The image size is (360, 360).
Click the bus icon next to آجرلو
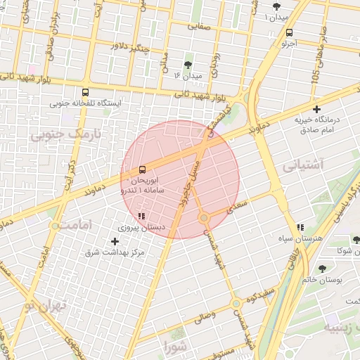coord(290,32)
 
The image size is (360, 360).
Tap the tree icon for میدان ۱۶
coord(188,65)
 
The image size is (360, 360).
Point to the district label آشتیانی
coord(303,166)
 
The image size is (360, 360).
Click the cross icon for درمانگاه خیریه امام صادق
coord(317,109)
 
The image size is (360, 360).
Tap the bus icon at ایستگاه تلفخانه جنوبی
coord(85,92)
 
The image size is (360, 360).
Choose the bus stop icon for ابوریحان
coord(143,169)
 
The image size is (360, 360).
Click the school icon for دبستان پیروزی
coord(141,217)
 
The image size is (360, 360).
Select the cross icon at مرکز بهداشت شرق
coord(115,241)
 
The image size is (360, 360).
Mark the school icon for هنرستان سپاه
coord(300,227)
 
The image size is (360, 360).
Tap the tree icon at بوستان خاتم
coord(322,269)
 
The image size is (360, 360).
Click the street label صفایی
coord(198,25)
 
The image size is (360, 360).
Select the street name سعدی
coord(239,205)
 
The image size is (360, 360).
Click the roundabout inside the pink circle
coord(204,219)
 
